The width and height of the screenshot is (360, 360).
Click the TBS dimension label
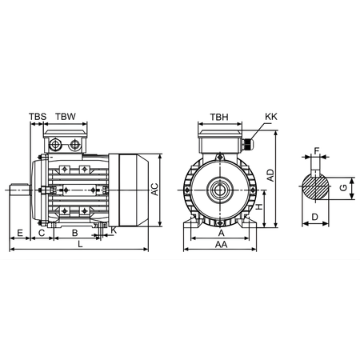37,117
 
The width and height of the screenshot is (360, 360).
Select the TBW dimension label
66,117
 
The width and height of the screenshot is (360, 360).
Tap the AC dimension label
155,189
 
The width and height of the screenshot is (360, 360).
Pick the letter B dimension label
74,232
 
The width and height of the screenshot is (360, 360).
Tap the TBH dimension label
218,117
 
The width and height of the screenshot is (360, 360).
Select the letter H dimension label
261,207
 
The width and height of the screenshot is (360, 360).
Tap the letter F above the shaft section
318,150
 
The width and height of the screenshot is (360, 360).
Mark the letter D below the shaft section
315,217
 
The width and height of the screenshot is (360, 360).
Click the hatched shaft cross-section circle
317,188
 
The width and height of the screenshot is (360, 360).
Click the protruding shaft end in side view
19,190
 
